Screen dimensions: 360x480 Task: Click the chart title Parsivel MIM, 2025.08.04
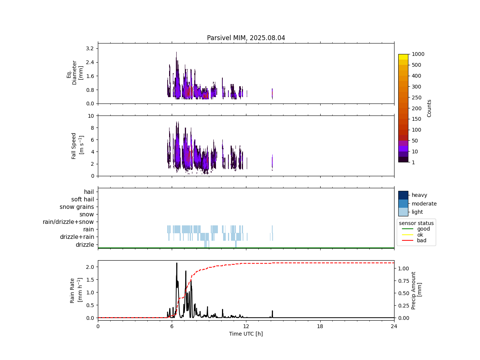(x=246, y=38)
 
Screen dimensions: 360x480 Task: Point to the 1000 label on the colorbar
(x=418, y=54)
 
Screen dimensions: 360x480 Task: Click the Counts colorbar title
(x=429, y=108)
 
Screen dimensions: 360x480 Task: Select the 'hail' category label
(x=89, y=192)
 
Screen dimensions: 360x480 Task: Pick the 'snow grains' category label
(x=77, y=207)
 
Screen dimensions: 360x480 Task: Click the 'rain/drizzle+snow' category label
(x=68, y=222)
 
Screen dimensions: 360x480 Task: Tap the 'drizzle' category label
(x=85, y=245)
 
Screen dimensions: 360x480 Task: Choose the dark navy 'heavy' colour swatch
(x=403, y=195)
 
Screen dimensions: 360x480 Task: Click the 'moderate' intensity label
(x=424, y=204)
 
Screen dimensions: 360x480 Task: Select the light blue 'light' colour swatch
(x=403, y=212)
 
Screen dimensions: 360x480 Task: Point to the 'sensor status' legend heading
(x=416, y=223)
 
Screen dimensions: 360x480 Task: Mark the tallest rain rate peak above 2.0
(x=177, y=263)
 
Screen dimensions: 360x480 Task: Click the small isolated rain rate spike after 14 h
(x=272, y=311)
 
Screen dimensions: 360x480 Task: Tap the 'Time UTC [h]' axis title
(x=246, y=334)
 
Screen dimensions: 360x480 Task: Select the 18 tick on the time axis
(x=320, y=326)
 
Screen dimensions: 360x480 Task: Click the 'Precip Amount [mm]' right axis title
(x=416, y=290)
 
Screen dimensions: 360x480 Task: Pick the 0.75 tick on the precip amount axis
(x=403, y=281)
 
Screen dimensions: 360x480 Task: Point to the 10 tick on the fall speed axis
(x=91, y=116)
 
